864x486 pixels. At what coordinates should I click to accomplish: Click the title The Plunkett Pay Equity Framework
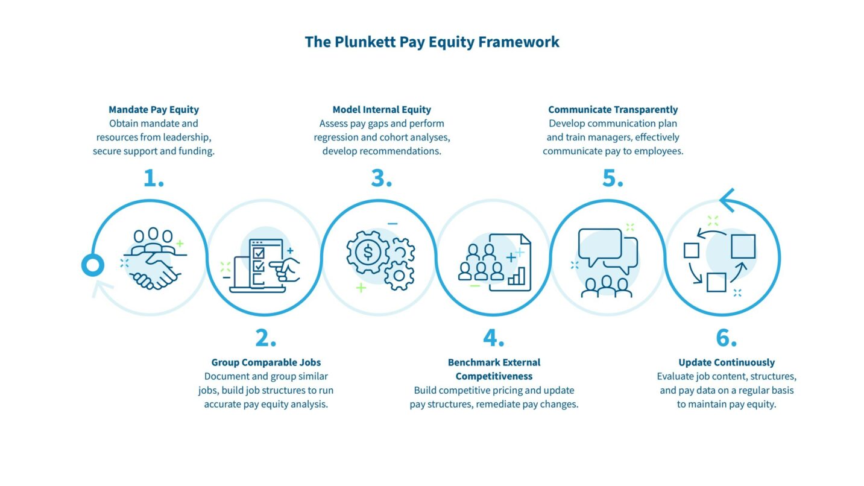click(432, 42)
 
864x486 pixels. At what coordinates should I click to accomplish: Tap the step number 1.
click(153, 178)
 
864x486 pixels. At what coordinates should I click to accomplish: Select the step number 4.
click(493, 338)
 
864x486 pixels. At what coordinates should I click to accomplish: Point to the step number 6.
click(726, 338)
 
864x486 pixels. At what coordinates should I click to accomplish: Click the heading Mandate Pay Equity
click(154, 110)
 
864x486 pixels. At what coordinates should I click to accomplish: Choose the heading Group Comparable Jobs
click(266, 362)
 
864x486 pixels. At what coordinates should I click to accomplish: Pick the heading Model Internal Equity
click(382, 110)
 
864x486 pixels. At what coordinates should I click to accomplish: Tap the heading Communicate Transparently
click(613, 110)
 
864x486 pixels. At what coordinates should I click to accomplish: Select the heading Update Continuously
click(727, 362)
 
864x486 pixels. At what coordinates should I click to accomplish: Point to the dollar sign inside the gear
click(367, 252)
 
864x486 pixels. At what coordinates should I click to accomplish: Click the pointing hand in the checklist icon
click(288, 269)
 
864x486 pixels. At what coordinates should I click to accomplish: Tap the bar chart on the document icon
click(517, 278)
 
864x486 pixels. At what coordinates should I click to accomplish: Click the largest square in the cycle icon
click(743, 247)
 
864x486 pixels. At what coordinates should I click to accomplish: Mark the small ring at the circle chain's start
click(93, 265)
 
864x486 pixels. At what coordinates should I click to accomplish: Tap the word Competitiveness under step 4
click(494, 376)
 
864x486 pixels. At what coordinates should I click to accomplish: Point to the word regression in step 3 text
click(334, 137)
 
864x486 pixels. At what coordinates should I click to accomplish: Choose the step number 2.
click(265, 338)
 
